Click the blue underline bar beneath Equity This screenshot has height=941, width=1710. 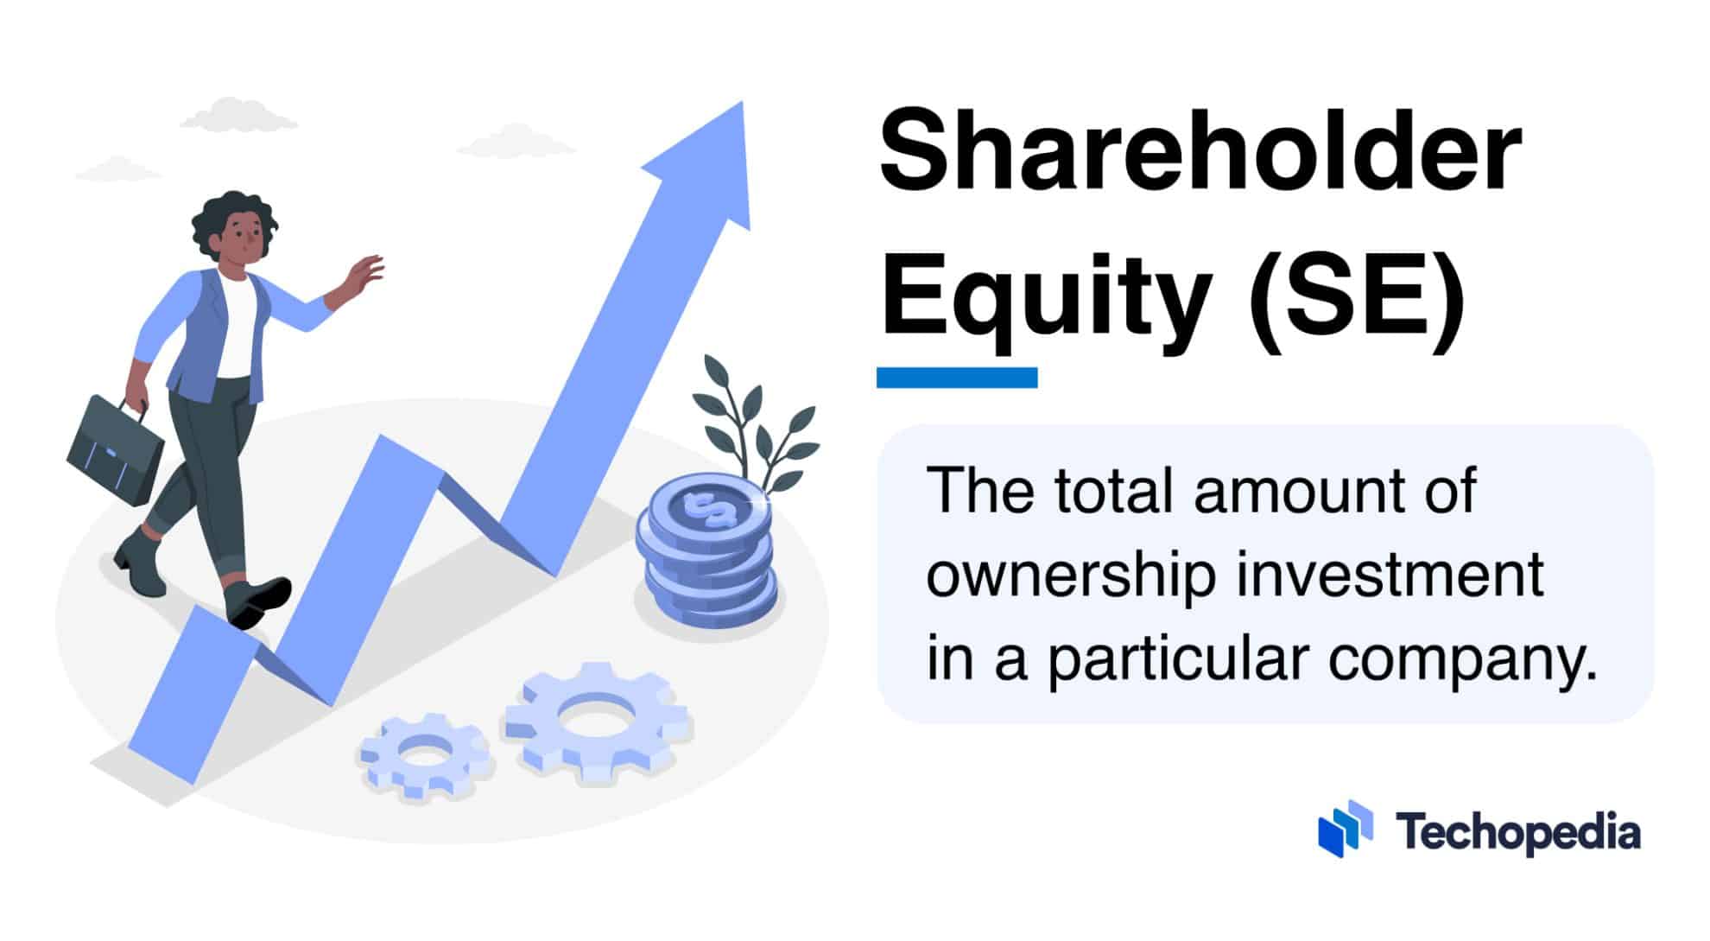(957, 378)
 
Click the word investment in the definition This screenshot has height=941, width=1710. (1390, 575)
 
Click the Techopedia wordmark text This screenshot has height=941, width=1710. (1518, 833)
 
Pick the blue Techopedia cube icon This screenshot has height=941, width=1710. (1346, 830)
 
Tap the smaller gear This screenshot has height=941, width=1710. (426, 755)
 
